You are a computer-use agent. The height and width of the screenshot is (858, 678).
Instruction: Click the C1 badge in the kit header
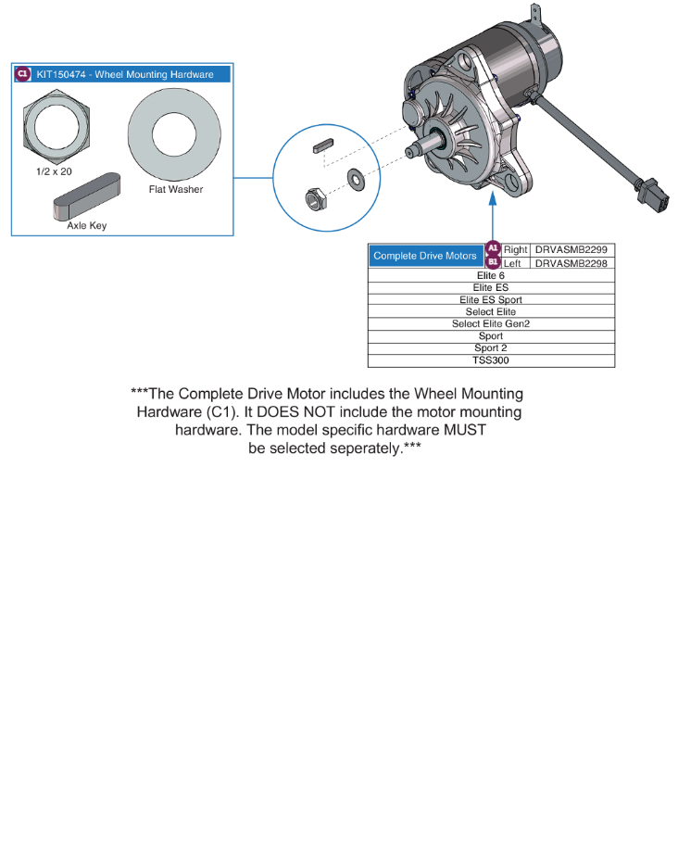pyautogui.click(x=23, y=74)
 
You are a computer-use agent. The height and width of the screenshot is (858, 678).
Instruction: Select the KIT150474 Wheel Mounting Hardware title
pyautogui.click(x=125, y=74)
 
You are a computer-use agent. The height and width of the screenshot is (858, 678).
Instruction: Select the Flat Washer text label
pyautogui.click(x=175, y=190)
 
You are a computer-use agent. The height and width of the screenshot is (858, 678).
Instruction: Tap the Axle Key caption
pyautogui.click(x=86, y=226)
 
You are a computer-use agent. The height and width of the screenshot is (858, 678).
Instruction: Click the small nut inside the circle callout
pyautogui.click(x=315, y=197)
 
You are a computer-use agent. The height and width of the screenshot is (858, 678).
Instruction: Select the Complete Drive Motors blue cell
pyautogui.click(x=425, y=256)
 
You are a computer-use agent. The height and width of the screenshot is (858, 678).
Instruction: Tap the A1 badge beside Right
pyautogui.click(x=493, y=249)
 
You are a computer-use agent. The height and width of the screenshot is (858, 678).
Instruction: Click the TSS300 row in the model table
pyautogui.click(x=491, y=360)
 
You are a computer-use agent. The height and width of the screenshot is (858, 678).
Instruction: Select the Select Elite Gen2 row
pyautogui.click(x=491, y=324)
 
